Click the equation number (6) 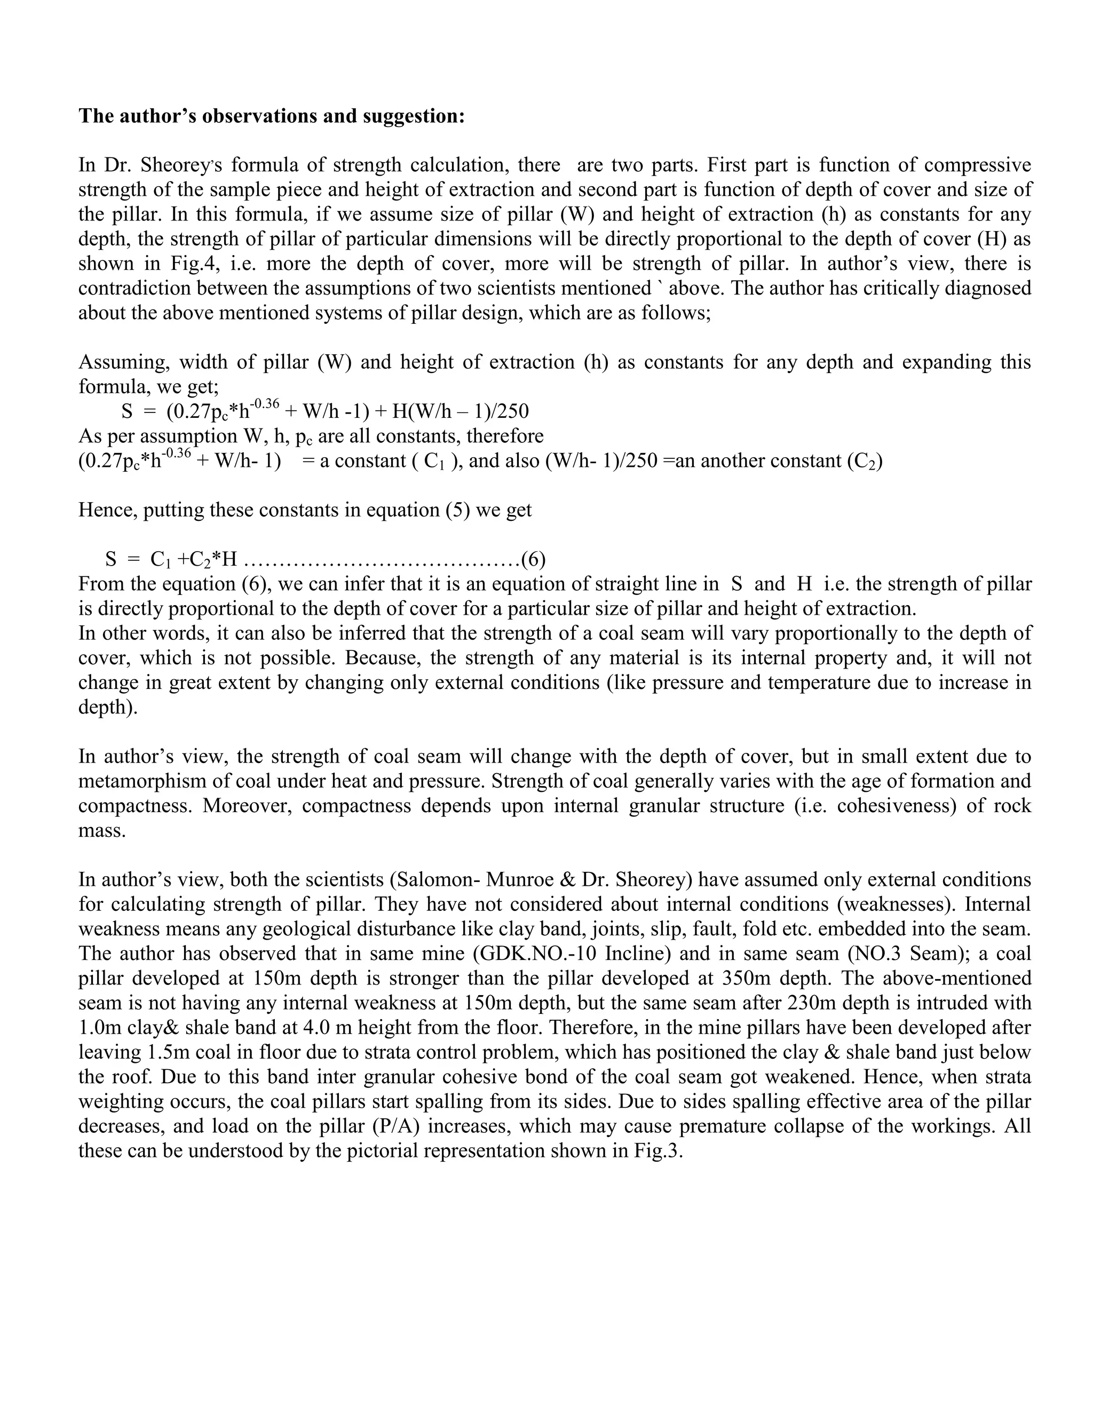click(534, 558)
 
